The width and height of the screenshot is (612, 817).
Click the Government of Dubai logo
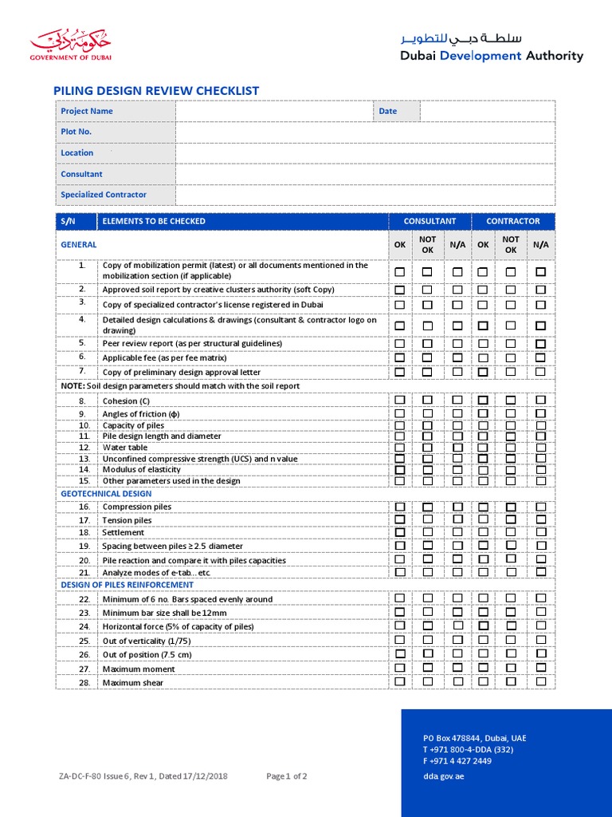71,45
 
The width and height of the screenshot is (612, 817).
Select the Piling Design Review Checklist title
155,91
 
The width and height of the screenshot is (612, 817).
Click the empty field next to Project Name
274,111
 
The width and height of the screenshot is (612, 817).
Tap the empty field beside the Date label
487,111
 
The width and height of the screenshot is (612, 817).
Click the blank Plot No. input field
365,132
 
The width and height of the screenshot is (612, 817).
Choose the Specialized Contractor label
104,195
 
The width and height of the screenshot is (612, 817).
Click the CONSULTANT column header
430,221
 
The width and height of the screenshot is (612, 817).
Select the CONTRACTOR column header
512,221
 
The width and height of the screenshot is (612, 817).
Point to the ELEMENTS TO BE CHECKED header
154,221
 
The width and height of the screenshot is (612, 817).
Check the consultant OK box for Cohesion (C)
400,400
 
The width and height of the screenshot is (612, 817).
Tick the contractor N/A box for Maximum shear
541,681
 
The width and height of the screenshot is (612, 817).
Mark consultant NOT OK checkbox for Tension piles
427,519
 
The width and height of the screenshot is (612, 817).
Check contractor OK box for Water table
483,448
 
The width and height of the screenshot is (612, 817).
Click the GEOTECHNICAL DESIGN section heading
105,494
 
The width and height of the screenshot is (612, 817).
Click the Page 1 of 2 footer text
287,776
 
